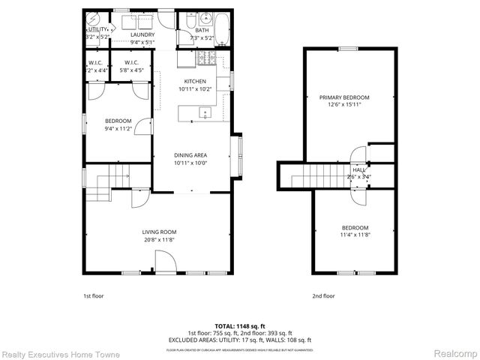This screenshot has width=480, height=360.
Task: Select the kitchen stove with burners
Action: (x=205, y=58)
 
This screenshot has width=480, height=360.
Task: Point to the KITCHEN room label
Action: (x=195, y=81)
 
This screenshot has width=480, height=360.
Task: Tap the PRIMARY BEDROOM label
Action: (x=344, y=97)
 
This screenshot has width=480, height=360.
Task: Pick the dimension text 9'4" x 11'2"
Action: (x=118, y=128)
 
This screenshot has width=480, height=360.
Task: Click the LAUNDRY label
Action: (x=142, y=34)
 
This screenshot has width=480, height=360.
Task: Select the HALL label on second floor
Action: (x=359, y=170)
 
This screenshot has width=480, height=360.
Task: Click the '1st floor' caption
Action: (x=93, y=296)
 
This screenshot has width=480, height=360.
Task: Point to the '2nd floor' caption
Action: (x=324, y=296)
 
